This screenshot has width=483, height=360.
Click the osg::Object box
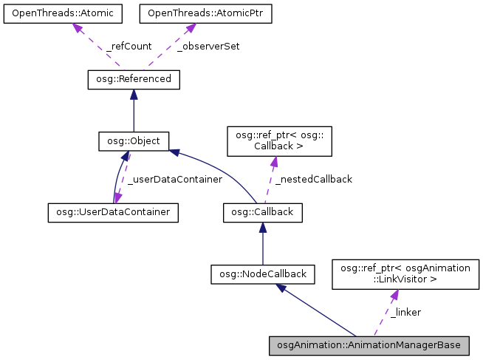134,141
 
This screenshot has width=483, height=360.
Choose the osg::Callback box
262,212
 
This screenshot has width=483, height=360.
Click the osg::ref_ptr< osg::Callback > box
273,140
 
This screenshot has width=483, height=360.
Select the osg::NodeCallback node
263,274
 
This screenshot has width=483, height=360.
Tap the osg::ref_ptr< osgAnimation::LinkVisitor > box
405,274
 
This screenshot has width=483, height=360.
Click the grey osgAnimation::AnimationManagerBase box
369,345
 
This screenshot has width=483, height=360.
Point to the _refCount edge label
129,46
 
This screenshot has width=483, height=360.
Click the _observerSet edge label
208,46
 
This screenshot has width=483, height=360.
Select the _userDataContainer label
174,179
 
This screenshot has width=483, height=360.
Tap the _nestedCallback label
313,179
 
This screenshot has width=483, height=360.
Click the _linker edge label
405,312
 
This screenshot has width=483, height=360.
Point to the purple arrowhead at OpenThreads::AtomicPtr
190,28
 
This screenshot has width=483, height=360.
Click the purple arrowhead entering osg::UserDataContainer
117,198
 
